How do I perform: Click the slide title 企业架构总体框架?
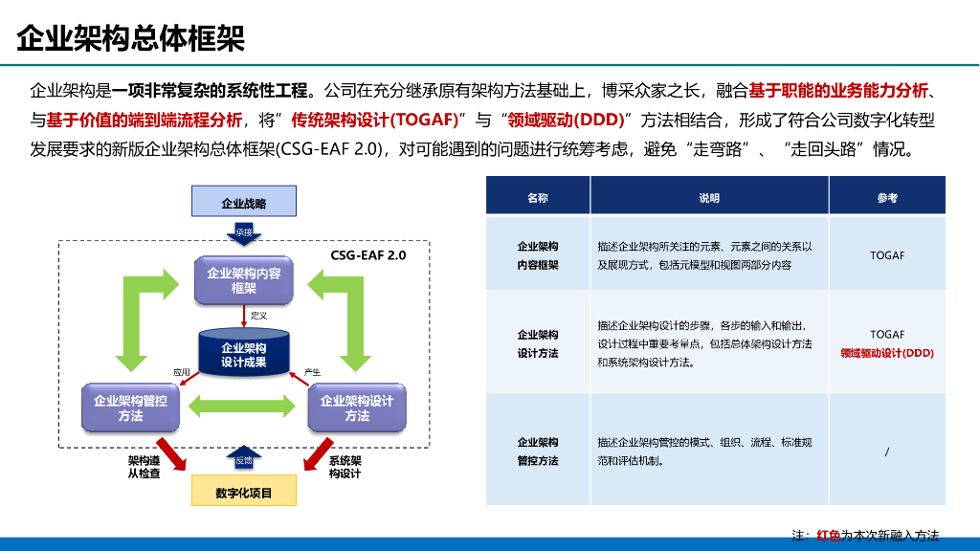coord(131,39)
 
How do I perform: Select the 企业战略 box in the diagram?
coord(244,203)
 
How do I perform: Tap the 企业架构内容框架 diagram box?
coord(244,280)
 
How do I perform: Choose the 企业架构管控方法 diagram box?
coord(130,408)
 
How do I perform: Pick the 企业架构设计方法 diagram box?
coord(357,408)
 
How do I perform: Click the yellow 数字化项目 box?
coord(244,493)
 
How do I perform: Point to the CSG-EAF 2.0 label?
coord(368,255)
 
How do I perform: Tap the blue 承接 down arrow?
coord(244,232)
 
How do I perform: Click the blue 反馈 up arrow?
coord(244,459)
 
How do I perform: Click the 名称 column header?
coord(538,198)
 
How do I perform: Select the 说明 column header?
coord(709,198)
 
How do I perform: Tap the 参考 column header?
coord(887,198)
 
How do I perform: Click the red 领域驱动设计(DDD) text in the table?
coord(887,353)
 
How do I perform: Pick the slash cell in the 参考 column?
coord(887,452)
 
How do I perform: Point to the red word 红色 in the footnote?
coord(828,535)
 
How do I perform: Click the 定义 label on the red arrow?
coord(258,315)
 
